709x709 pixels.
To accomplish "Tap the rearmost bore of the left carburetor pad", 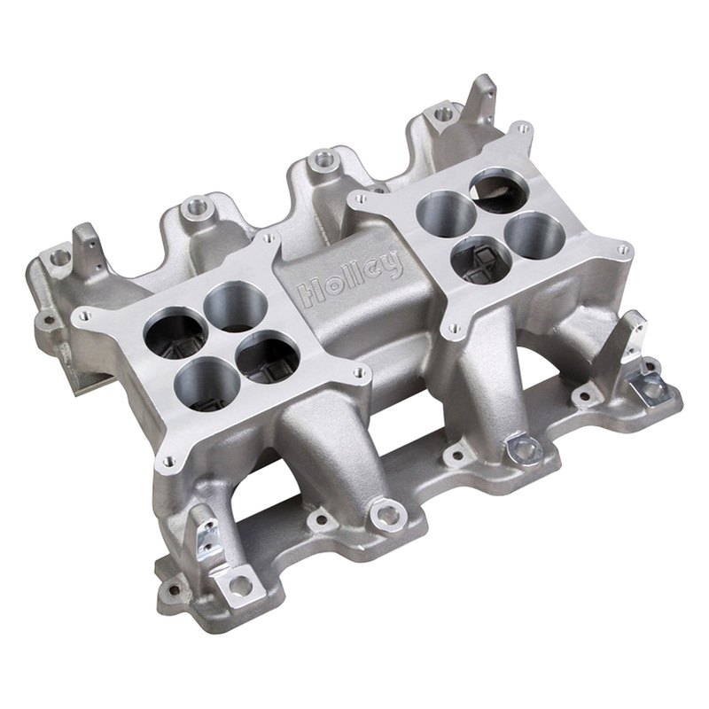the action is coord(236,306).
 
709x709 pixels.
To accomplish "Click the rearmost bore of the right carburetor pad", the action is coord(500,190).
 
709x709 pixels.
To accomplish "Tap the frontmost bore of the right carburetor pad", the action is coord(482,259).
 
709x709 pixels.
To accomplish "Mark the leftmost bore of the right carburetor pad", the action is coord(446,213).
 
